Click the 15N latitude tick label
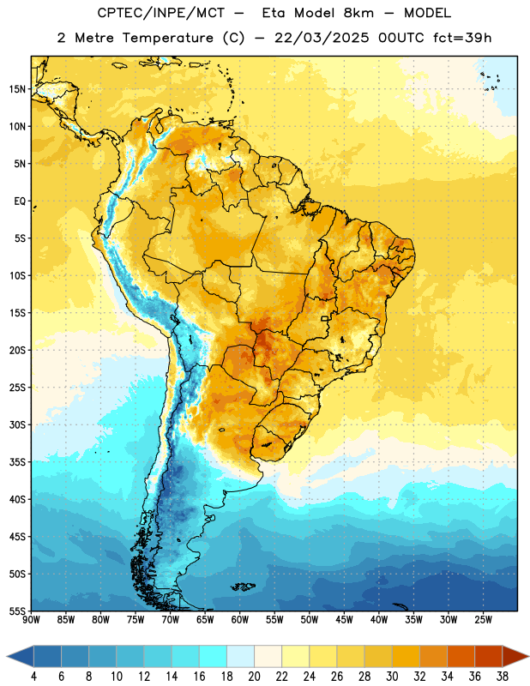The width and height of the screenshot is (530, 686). click(17, 89)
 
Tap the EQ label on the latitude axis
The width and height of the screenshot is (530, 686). click(20, 202)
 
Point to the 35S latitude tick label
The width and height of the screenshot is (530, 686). click(17, 462)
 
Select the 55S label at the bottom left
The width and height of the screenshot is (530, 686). click(17, 611)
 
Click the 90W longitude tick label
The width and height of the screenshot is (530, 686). click(31, 620)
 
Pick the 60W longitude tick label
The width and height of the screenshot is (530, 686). click(240, 620)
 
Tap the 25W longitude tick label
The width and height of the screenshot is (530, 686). click(483, 620)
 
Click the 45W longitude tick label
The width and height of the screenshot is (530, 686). click(344, 620)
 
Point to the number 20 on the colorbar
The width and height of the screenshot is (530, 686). click(254, 677)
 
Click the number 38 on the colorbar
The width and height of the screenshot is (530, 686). click(503, 677)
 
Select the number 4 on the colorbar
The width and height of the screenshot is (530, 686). click(33, 677)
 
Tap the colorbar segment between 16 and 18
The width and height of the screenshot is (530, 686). click(214, 656)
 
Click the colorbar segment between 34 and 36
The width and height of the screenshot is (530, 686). click(461, 656)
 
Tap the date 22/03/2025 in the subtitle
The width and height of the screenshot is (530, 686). click(322, 38)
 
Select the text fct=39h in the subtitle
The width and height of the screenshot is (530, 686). click(462, 38)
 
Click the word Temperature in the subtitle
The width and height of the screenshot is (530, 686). click(167, 38)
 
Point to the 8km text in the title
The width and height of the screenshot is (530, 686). click(358, 13)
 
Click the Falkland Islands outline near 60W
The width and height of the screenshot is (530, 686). click(243, 587)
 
